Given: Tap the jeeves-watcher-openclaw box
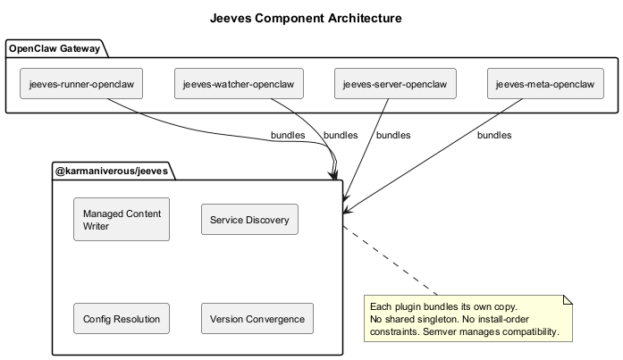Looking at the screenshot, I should pos(239,84).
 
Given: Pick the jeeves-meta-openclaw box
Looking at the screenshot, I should pos(544,84).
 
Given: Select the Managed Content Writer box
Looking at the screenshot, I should pos(122,220).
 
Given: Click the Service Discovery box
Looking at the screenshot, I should pos(249,220).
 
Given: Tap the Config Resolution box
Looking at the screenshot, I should pos(122,319).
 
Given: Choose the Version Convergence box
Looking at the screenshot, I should pos(257,319).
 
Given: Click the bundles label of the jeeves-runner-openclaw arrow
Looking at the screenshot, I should pos(287,136).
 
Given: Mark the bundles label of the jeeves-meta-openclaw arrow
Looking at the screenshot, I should pos(493,136).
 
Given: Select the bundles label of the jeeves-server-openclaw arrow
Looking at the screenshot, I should pos(393,136).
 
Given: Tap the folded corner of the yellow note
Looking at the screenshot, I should pos(567,299).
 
